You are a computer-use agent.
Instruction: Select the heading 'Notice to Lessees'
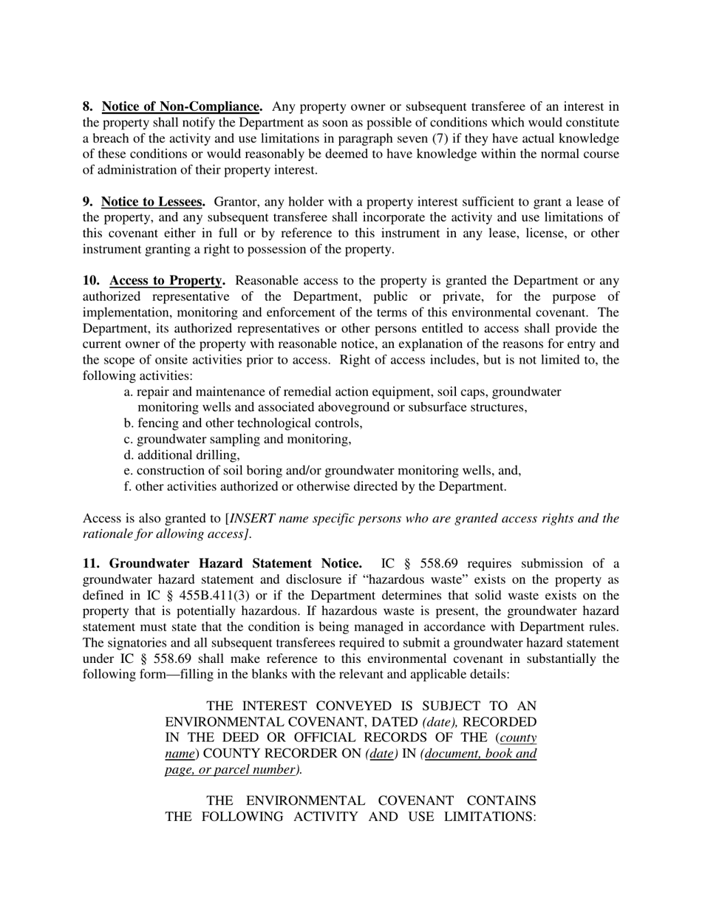153,202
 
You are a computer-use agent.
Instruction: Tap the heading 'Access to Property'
167,281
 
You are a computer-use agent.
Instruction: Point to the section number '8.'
88,106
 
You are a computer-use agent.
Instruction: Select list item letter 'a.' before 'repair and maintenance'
129,392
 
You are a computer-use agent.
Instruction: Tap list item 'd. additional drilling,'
182,455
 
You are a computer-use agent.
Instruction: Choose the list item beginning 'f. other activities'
315,487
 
